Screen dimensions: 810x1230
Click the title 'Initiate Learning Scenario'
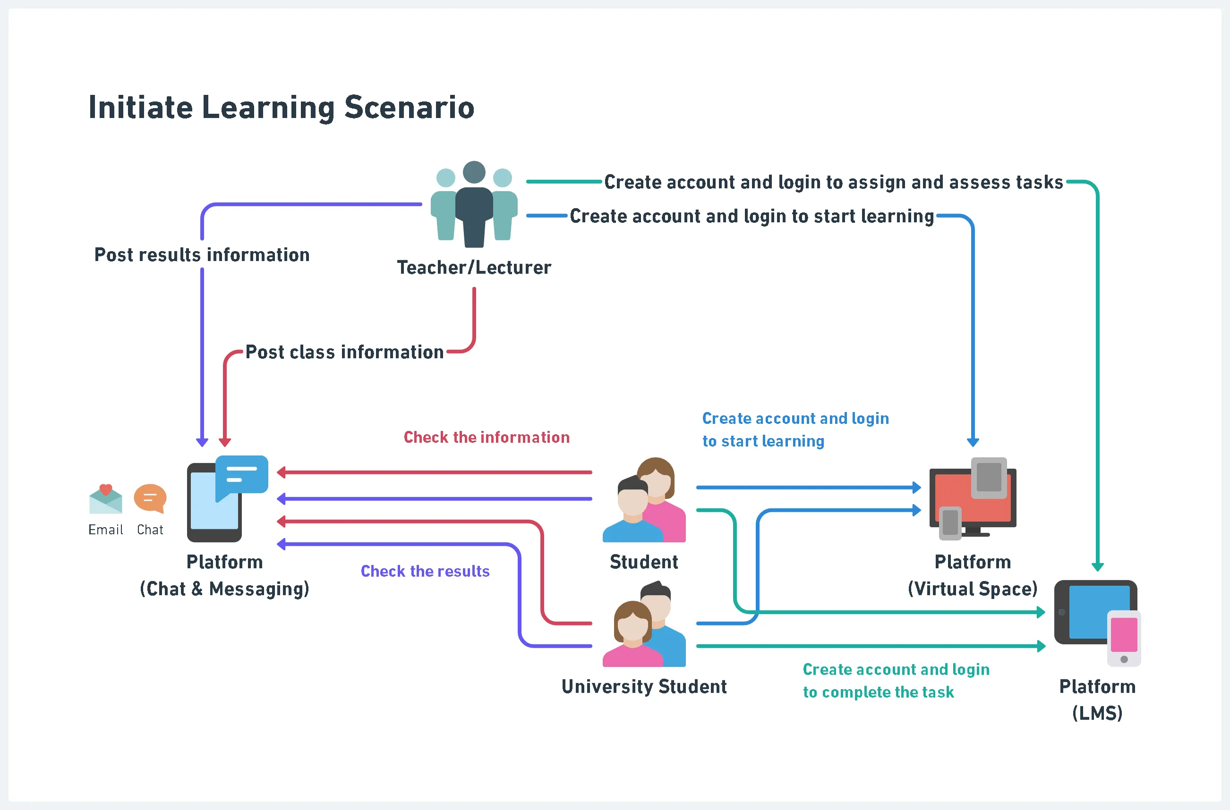281,108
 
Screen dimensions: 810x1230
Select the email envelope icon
105,499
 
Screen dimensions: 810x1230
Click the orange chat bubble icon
150,498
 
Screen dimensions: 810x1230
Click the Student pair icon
644,500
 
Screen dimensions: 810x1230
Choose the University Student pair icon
644,624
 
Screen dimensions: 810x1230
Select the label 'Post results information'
202,255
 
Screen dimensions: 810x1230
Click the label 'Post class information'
344,352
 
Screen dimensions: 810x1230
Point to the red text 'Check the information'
487,437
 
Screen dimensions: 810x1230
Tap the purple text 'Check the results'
425,571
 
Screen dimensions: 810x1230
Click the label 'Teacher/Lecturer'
474,268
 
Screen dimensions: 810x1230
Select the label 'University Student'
644,686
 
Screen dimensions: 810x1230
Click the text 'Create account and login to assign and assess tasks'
834,182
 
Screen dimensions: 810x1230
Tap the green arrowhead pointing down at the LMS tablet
1098,567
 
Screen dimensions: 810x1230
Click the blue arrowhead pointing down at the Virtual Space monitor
973,442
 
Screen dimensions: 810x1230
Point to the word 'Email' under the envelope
105,530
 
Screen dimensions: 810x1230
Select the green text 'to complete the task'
878,692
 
